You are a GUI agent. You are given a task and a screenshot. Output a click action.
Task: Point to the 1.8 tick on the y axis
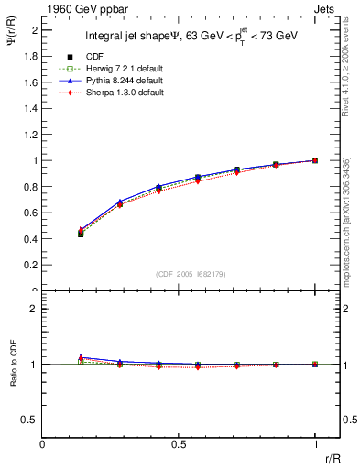click(31, 56)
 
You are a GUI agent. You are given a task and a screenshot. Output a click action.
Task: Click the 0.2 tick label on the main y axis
click(31, 265)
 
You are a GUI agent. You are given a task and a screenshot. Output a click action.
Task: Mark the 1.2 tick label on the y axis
click(31, 135)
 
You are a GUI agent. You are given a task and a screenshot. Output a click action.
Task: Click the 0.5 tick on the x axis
click(179, 443)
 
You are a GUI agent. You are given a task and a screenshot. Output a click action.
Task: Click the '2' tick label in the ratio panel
click(35, 309)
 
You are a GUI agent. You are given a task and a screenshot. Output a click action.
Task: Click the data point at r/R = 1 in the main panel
click(315, 160)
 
